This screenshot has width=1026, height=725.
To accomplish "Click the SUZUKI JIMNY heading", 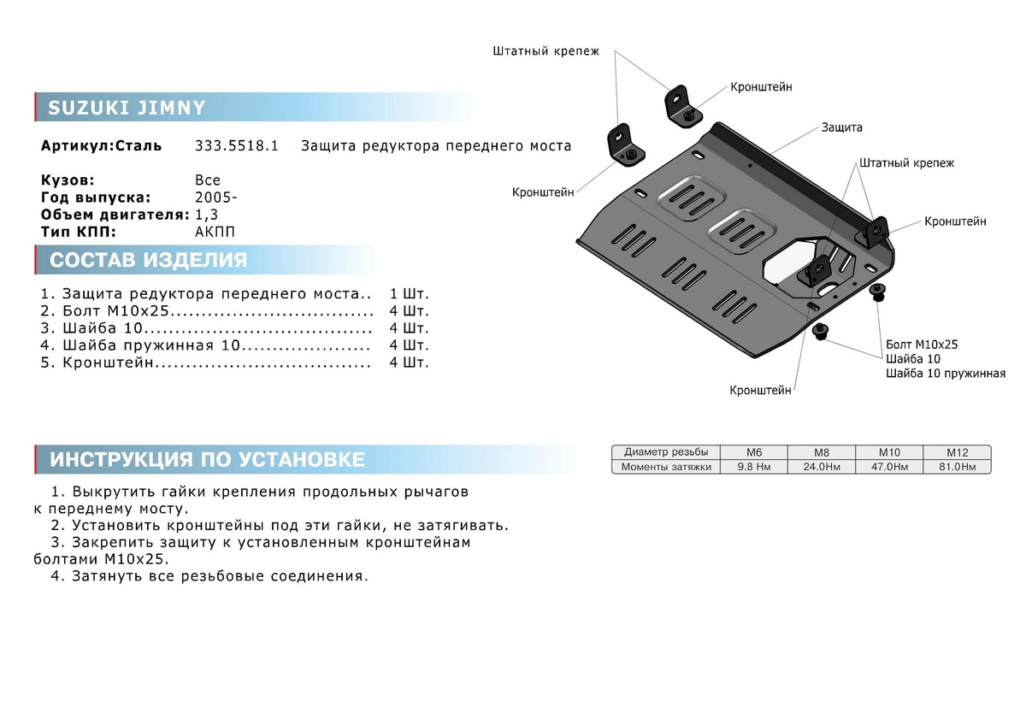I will (127, 108).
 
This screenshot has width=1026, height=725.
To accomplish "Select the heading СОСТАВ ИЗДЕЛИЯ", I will (148, 260).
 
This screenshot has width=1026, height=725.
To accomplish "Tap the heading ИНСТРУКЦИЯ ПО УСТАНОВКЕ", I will (207, 459).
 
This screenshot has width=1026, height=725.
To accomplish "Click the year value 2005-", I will (216, 197).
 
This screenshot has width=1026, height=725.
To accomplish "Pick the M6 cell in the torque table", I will (753, 452).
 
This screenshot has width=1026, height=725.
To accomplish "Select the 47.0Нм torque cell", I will (888, 467).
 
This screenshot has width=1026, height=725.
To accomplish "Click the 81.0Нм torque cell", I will (956, 467).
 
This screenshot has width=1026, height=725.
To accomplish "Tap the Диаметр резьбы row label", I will (666, 452).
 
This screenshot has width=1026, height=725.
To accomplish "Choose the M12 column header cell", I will (956, 452).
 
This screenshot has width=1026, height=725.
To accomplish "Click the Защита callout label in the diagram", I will (841, 127).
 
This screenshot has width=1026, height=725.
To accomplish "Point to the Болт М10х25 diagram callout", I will (923, 345).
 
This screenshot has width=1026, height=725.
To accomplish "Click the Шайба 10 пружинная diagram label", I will (946, 374).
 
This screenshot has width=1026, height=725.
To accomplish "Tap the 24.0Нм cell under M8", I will (820, 467).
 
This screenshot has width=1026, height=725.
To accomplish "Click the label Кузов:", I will (68, 180).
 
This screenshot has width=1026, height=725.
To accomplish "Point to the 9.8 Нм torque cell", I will (753, 467).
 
